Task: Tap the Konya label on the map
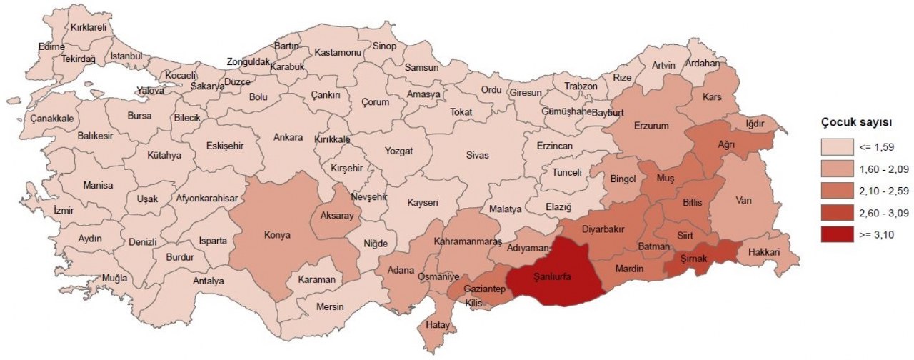[277, 234]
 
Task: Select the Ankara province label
[288, 137]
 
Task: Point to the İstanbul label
[126, 56]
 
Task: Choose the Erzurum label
[651, 126]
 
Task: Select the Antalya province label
[209, 281]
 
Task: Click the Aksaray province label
[337, 216]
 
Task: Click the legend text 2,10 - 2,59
[885, 191]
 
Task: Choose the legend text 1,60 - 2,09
[885, 169]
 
